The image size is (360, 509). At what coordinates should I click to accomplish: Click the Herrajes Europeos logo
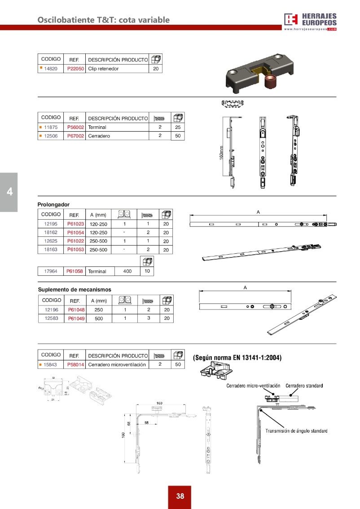click(310, 21)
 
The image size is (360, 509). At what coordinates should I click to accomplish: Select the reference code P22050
click(75, 69)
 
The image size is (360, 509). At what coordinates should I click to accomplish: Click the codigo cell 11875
click(50, 127)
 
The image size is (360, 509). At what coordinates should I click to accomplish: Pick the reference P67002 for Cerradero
click(75, 136)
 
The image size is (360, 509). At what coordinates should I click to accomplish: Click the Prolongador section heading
click(53, 204)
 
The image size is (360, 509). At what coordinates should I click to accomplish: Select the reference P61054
click(75, 232)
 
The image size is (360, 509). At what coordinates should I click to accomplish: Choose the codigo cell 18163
click(50, 249)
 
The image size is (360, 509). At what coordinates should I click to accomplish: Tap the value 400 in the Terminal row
click(127, 271)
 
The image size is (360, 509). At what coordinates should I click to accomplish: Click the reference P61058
click(75, 271)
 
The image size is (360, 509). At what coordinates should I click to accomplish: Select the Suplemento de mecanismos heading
click(74, 289)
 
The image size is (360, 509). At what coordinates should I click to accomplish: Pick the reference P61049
click(76, 319)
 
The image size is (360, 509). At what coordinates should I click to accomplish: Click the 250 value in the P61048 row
click(99, 310)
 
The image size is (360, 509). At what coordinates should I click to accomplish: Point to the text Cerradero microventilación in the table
click(117, 365)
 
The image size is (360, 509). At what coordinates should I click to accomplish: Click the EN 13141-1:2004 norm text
click(237, 358)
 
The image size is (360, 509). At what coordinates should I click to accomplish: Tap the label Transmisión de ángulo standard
click(296, 431)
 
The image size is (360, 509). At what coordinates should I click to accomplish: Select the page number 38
click(180, 496)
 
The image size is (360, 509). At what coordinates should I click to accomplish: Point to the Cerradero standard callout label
click(304, 386)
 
